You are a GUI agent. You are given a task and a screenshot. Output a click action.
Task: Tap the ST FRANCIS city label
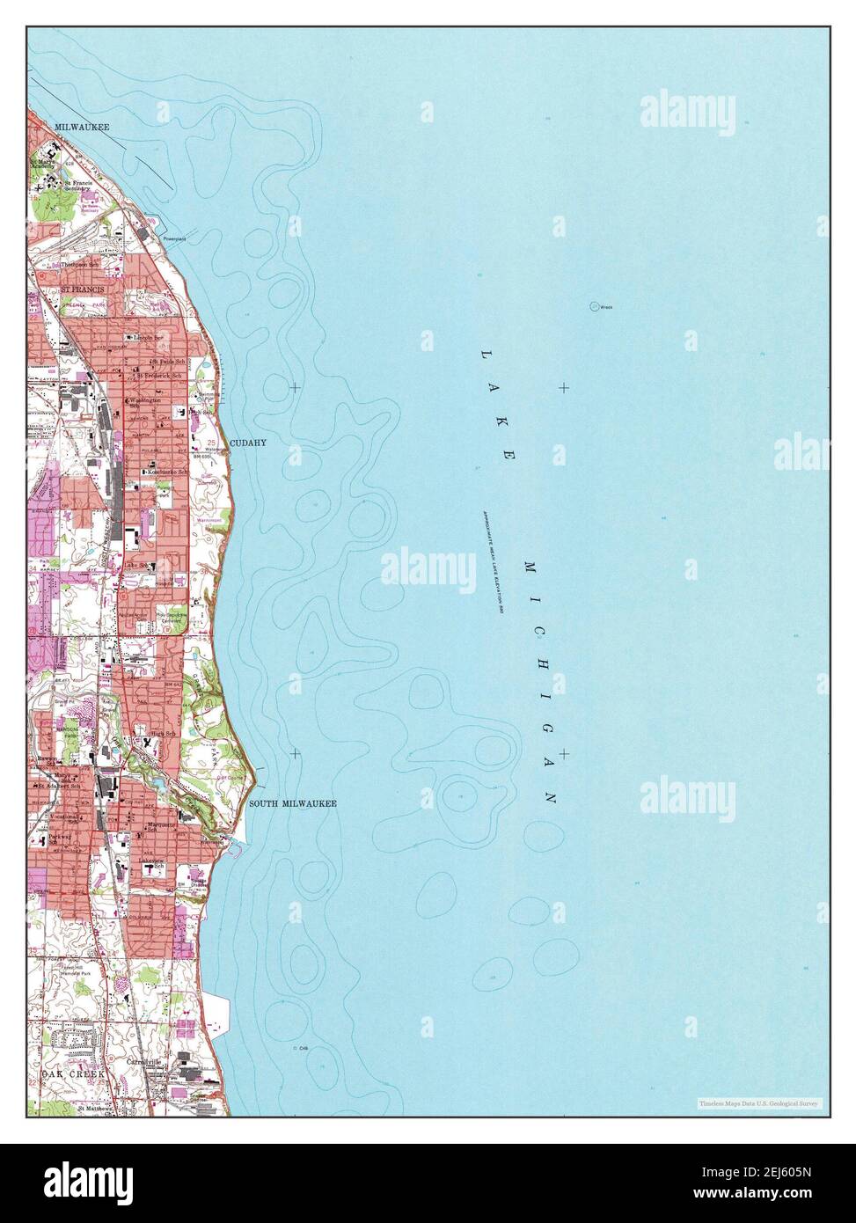tap(82, 289)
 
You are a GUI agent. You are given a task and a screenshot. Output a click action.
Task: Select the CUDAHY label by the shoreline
tap(248, 443)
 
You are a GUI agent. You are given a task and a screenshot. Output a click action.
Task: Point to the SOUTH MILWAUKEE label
tap(293, 804)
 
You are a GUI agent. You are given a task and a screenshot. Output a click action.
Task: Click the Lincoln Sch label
tap(149, 337)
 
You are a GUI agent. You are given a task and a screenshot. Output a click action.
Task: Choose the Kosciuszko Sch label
tap(166, 472)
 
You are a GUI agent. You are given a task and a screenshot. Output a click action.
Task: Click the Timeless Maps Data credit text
tap(758, 1102)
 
